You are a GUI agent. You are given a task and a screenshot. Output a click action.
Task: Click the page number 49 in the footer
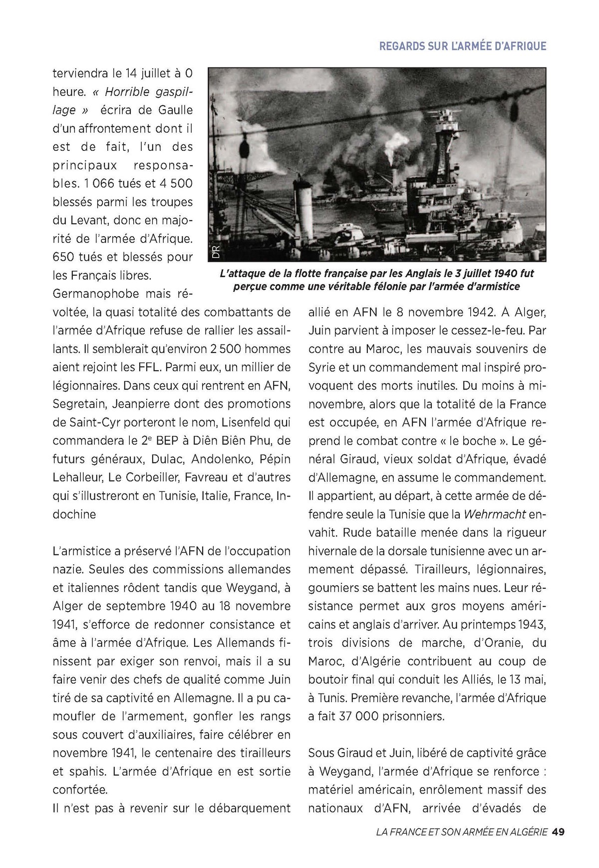click(558, 832)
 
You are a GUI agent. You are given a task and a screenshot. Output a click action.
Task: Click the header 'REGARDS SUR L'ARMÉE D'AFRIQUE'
click(463, 46)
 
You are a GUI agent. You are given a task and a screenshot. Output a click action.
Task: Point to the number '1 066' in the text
click(98, 184)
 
